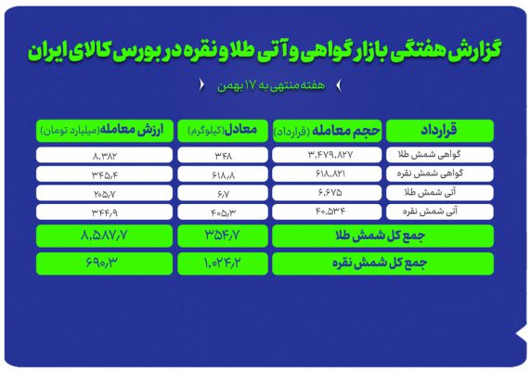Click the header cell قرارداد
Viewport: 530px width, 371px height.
click(440, 131)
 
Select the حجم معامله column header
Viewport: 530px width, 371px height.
click(327, 131)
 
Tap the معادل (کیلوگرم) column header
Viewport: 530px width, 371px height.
click(223, 131)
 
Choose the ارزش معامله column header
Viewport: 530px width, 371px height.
click(105, 131)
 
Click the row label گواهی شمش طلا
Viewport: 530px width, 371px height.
click(440, 155)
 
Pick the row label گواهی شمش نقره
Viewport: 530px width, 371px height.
click(440, 173)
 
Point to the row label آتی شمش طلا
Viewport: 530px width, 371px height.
click(440, 193)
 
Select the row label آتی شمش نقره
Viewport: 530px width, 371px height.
click(440, 211)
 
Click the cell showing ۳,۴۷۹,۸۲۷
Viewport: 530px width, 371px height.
click(327, 155)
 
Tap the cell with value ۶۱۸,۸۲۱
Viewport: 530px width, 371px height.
click(327, 173)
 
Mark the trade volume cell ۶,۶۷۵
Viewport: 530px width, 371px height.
click(327, 193)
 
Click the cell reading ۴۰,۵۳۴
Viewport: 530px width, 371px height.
click(327, 211)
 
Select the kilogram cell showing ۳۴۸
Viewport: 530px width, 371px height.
click(223, 155)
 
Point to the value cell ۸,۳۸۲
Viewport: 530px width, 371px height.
click(105, 155)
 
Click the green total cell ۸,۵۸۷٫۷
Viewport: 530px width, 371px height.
click(105, 236)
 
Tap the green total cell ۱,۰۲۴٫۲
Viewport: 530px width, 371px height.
click(223, 263)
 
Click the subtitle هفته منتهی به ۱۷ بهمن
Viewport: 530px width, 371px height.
click(271, 85)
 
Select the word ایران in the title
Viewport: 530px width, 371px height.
click(47, 51)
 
